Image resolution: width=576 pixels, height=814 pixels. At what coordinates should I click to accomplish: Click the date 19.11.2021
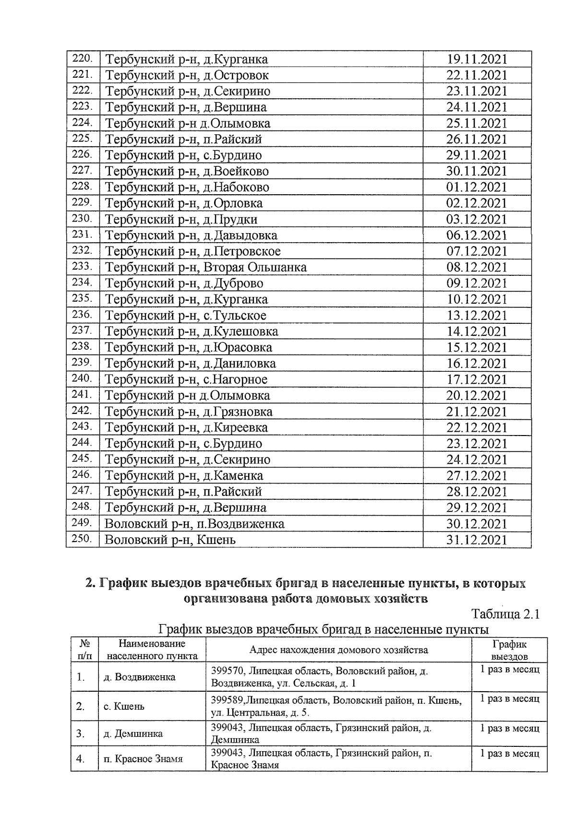477,59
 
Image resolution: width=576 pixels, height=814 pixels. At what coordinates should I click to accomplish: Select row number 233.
82,266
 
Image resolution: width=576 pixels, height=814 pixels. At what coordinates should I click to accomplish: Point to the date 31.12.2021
477,540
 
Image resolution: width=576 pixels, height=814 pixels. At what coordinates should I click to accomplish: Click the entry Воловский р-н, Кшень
170,540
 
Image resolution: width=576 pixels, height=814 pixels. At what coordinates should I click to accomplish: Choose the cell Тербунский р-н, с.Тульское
186,316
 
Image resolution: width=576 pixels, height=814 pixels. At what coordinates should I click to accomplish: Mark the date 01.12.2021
477,188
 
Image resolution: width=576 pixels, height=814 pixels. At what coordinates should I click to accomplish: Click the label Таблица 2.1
506,614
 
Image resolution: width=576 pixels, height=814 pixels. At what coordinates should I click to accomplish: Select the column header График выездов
509,650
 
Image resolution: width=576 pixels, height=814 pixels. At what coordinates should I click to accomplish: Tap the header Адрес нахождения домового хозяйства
338,650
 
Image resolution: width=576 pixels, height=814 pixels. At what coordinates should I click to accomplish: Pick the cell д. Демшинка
133,733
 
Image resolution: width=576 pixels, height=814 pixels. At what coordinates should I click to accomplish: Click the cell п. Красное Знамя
143,759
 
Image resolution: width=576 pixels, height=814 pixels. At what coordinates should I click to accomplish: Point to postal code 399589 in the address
228,701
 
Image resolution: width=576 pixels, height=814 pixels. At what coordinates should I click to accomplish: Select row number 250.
82,539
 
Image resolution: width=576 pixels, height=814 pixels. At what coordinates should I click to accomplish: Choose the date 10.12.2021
477,300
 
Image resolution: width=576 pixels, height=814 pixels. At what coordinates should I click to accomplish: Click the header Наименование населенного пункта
152,650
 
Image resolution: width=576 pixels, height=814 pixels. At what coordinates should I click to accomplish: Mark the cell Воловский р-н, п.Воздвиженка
194,524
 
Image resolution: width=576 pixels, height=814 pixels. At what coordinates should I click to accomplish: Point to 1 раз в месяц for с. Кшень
510,699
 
